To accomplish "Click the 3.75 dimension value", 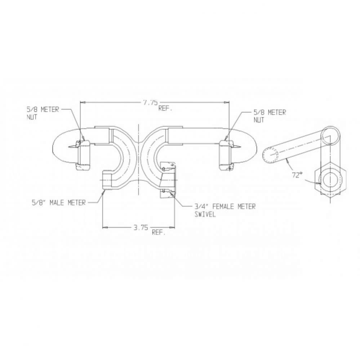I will tap(141, 227).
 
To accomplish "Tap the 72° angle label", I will tap(297, 175).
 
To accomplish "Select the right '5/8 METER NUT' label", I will tap(270, 116).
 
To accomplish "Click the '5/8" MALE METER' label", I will tap(58, 203).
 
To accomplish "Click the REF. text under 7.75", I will tap(165, 108).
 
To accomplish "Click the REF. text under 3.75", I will tap(159, 233).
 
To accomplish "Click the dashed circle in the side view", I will tap(270, 156).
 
